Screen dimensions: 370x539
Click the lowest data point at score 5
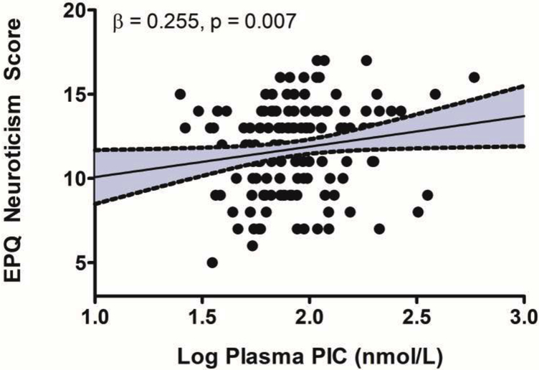click(212, 262)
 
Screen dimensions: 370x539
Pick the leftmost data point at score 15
click(180, 95)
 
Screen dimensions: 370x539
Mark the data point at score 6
click(252, 245)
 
